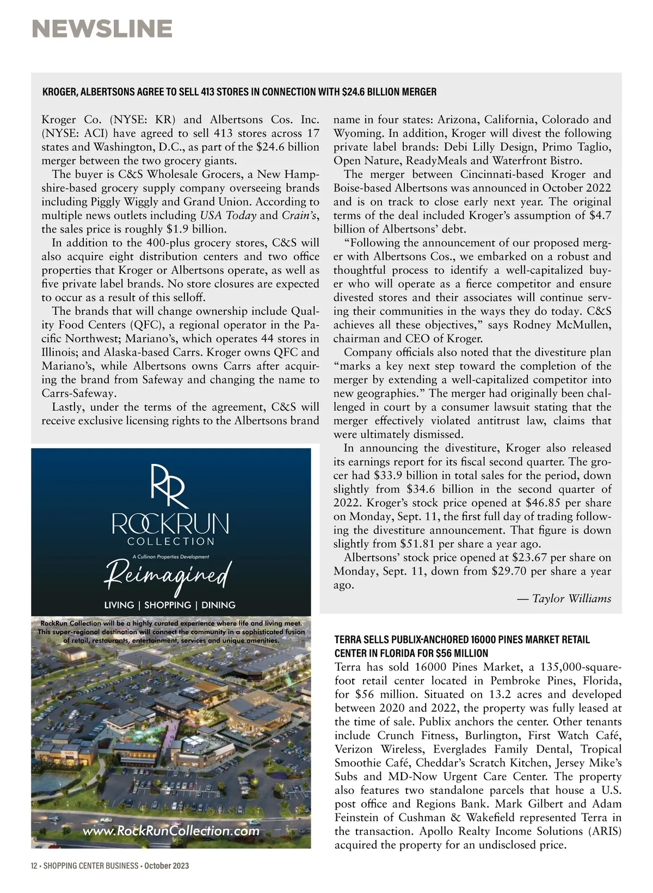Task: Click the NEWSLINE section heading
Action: (102, 28)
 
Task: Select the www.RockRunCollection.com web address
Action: (170, 831)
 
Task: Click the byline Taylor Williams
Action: (571, 599)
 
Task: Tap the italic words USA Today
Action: (229, 215)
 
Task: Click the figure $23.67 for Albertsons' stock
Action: (530, 558)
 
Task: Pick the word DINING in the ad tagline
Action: (218, 605)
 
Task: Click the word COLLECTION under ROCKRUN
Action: (170, 542)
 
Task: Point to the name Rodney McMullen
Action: (559, 326)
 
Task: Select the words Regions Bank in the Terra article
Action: (528, 804)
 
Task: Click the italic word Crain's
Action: (299, 215)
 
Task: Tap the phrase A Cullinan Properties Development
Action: (170, 556)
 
